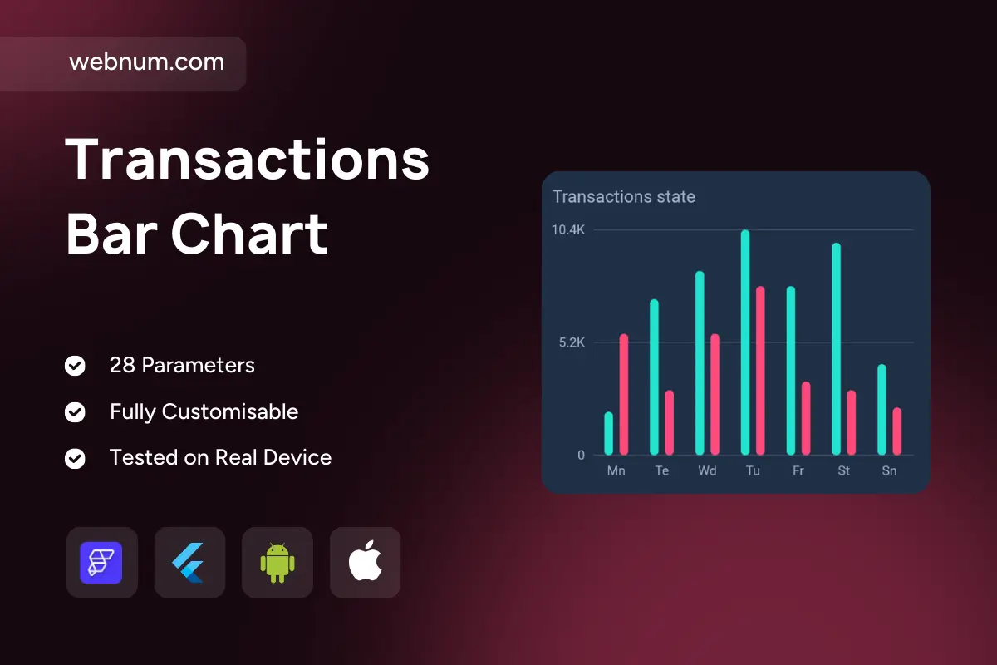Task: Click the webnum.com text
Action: tap(147, 62)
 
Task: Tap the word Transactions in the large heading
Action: tap(247, 160)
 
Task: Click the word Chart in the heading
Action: tap(249, 234)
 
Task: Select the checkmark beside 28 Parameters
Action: tap(75, 366)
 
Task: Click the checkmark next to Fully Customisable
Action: tap(75, 412)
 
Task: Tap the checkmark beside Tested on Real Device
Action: tap(75, 458)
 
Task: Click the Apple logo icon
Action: tap(365, 561)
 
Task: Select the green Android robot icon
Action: tap(277, 563)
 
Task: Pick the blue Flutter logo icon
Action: tap(189, 563)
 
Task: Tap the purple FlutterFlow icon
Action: tap(101, 563)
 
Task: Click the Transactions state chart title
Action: tap(624, 197)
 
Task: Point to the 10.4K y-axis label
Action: tap(568, 229)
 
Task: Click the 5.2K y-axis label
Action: tap(572, 342)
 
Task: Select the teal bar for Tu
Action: tap(745, 342)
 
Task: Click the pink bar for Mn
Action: tap(624, 395)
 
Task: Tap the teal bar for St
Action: tap(837, 349)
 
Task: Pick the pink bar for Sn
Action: tap(896, 431)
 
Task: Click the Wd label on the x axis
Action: tap(707, 470)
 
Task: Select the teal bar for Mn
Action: tap(608, 434)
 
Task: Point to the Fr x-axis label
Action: tap(798, 470)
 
